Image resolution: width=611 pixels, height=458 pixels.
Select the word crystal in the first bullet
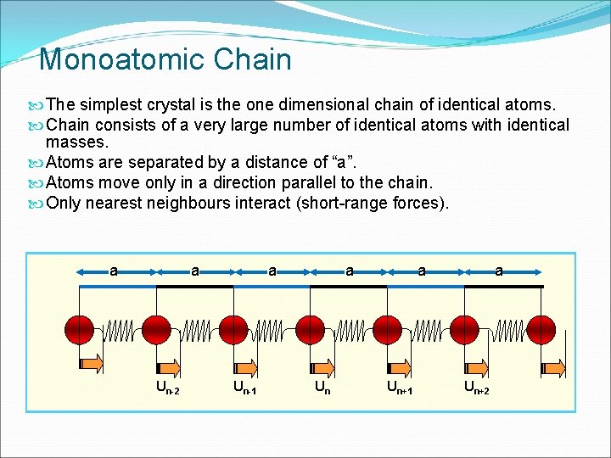tap(200, 105)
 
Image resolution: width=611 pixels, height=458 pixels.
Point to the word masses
tap(78, 143)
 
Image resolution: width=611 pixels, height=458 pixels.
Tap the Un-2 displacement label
tap(167, 388)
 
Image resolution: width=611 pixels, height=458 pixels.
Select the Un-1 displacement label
tap(245, 388)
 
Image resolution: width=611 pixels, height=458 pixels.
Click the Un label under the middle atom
tap(322, 388)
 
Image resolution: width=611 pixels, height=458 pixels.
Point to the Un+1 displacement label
tap(400, 388)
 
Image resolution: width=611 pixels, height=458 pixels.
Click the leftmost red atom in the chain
tap(80, 329)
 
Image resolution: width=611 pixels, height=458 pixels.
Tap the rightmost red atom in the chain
tap(542, 329)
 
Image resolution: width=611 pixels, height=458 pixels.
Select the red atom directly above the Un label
tap(311, 329)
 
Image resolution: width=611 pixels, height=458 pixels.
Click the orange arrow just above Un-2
tap(168, 366)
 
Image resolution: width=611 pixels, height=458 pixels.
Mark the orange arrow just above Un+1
tap(400, 366)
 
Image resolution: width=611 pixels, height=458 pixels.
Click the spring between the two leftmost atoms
tap(118, 330)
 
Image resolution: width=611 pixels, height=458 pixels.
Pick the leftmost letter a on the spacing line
tap(114, 271)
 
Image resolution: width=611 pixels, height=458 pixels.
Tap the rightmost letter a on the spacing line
tap(499, 271)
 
